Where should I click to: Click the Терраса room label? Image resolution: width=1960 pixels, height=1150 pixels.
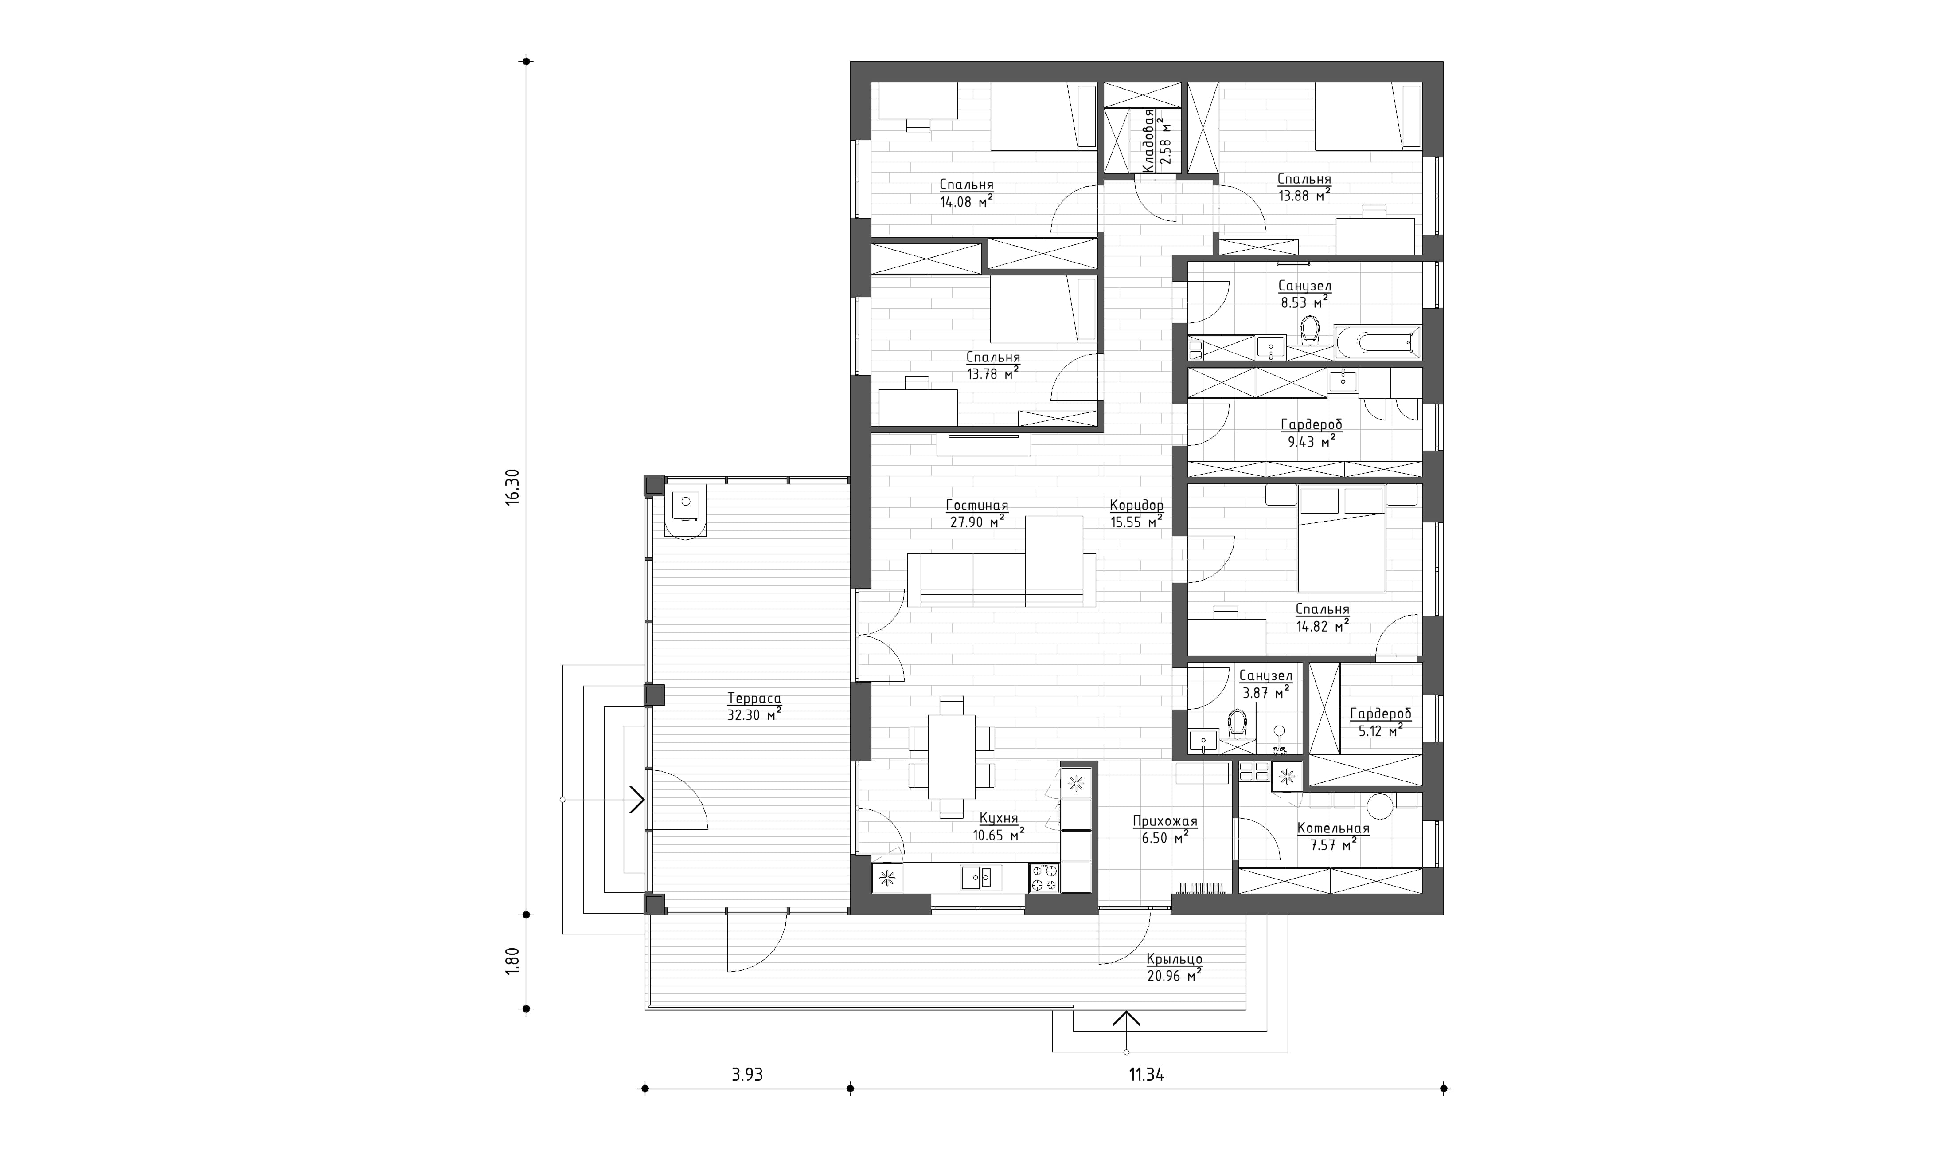[x=754, y=698]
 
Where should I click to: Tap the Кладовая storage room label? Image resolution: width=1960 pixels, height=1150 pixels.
[x=1147, y=141]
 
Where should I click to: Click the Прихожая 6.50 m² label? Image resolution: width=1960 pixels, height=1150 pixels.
[x=1164, y=829]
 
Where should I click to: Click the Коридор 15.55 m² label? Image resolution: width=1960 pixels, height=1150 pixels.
[x=1136, y=514]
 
